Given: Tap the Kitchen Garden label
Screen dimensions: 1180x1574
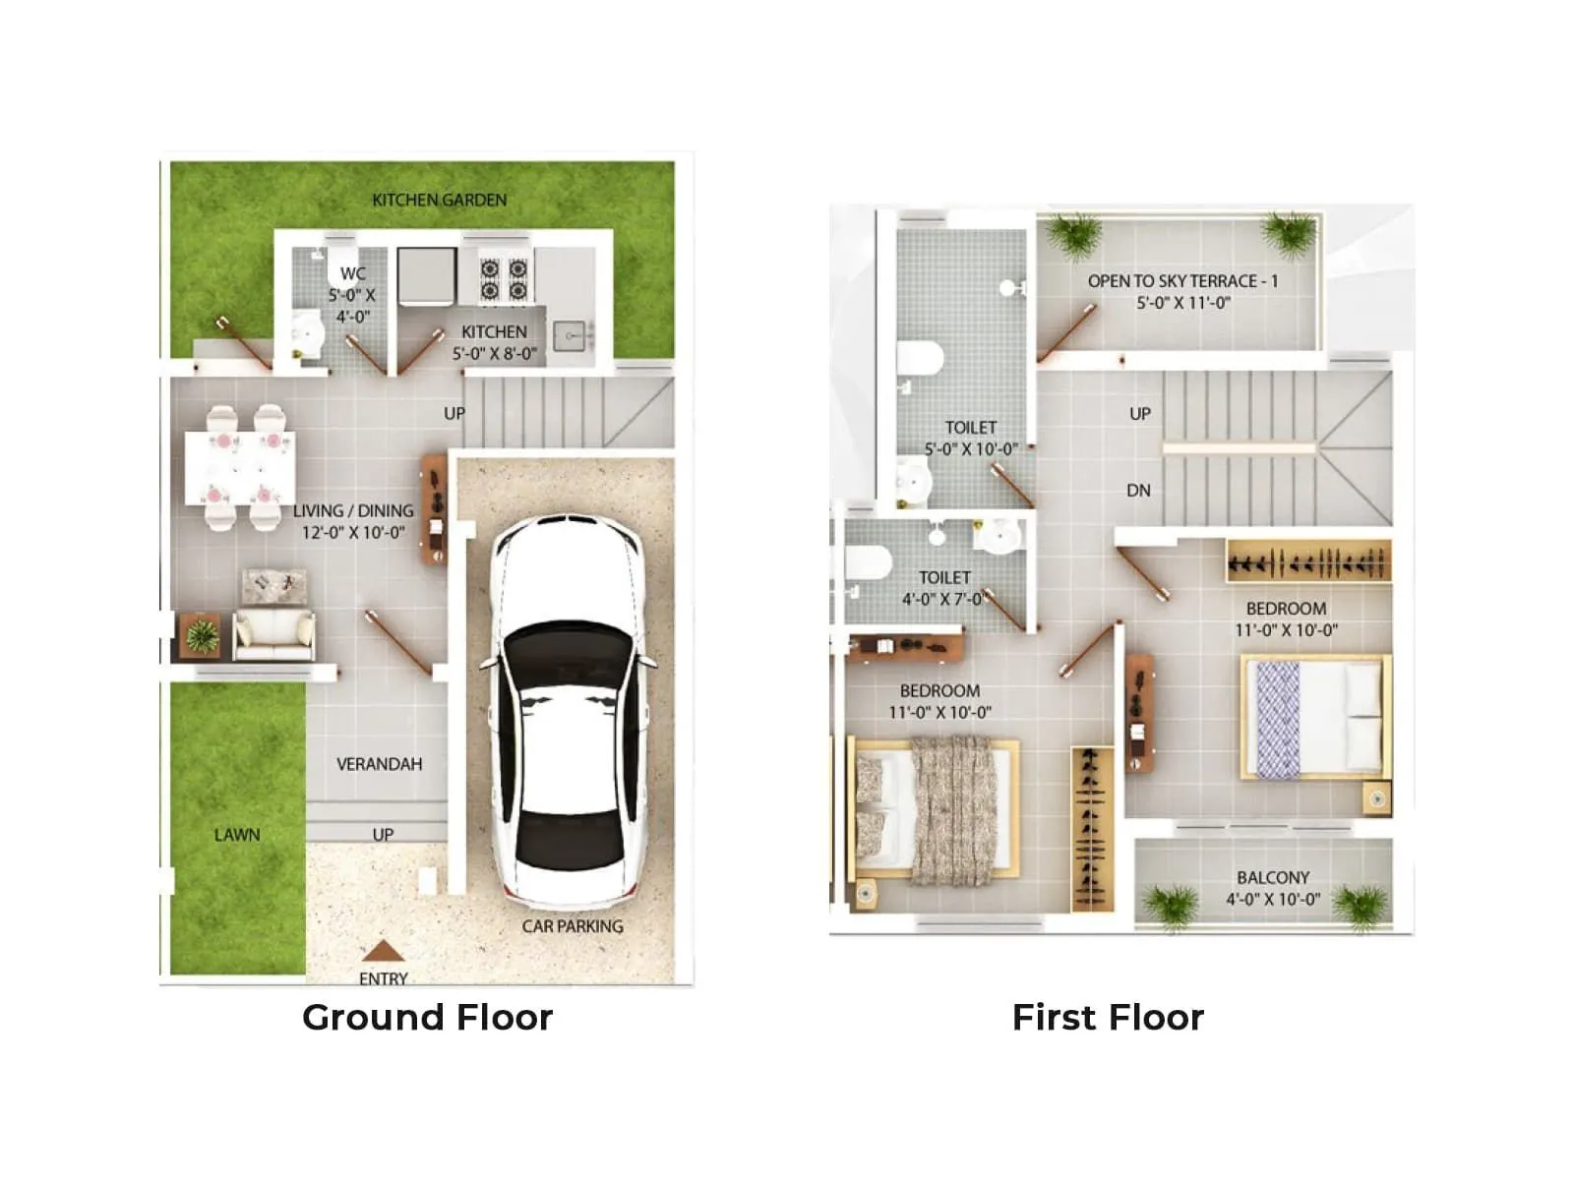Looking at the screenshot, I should pyautogui.click(x=439, y=200).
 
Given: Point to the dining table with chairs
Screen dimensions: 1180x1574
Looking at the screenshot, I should pyautogui.click(x=240, y=467).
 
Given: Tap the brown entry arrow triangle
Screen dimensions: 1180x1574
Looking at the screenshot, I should pyautogui.click(x=383, y=951).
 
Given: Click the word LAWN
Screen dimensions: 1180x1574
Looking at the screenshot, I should pyautogui.click(x=237, y=835).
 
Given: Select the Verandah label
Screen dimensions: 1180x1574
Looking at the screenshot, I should pyautogui.click(x=379, y=764).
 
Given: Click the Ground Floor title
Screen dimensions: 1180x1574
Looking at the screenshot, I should pyautogui.click(x=427, y=1017).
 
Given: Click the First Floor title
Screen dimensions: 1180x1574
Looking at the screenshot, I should pyautogui.click(x=1108, y=1017).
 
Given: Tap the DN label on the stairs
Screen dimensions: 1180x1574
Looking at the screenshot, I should pyautogui.click(x=1138, y=490).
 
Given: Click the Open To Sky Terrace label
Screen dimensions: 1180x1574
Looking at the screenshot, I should pyautogui.click(x=1182, y=281).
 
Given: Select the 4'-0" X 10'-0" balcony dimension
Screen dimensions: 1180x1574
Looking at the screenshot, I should pyautogui.click(x=1273, y=899).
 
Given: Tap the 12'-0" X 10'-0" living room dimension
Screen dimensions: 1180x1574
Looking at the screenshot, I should pyautogui.click(x=353, y=532).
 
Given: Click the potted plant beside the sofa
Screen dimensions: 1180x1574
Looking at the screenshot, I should pyautogui.click(x=202, y=636).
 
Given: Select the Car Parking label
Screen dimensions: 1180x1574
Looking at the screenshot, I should pyautogui.click(x=573, y=926).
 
